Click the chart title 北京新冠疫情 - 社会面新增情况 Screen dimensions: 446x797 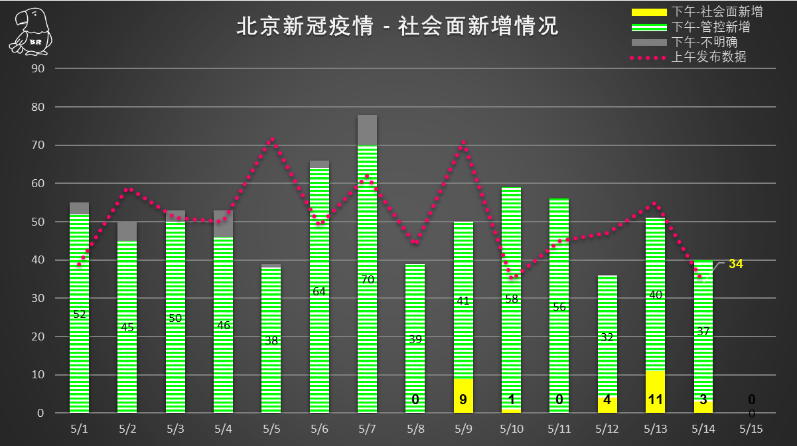398,27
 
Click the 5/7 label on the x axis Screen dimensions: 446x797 367,429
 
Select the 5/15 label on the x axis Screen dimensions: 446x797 751,429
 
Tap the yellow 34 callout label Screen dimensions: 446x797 735,264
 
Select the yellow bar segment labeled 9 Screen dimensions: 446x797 463,396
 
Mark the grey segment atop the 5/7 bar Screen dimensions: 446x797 367,130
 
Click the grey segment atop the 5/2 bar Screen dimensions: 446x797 127,232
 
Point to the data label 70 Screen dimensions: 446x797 367,279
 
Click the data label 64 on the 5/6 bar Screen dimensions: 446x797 319,291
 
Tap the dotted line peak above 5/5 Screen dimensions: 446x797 272,139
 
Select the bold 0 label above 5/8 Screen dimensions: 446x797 415,400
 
